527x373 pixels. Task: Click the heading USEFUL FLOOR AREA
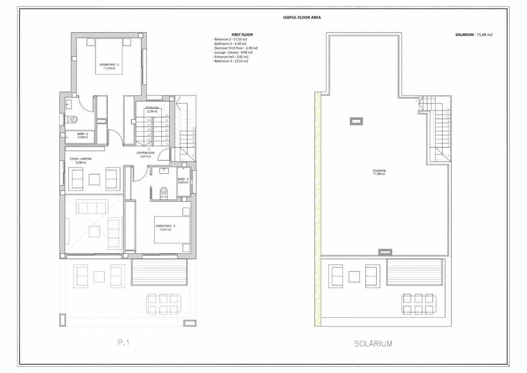[x=302, y=17]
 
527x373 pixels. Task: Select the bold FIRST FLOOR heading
[x=242, y=35]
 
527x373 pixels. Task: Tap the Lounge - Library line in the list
[x=233, y=52]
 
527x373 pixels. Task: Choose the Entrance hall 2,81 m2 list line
[x=231, y=57]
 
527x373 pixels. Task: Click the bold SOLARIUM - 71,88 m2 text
[x=473, y=35]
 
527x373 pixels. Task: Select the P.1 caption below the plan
[x=124, y=343]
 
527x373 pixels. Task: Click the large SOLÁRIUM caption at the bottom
[x=373, y=343]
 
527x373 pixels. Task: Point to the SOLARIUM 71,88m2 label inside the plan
[x=379, y=172]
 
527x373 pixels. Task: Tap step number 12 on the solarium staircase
[x=448, y=108]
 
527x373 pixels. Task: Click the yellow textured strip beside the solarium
[x=317, y=206]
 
